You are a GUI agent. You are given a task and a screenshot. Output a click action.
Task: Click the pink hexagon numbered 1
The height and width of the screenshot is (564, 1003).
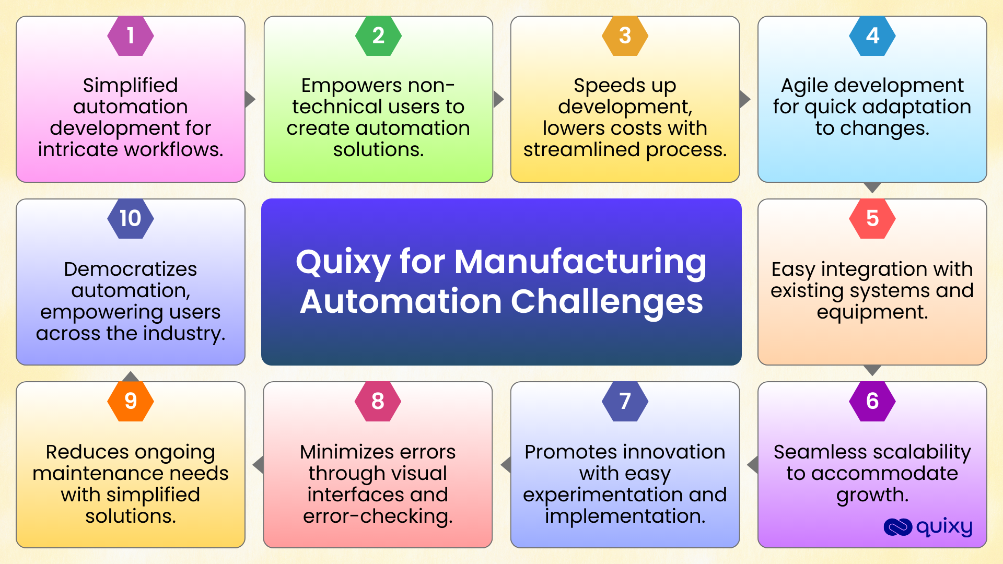[131, 36]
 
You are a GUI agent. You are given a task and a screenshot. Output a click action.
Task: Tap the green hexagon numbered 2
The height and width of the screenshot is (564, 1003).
[378, 36]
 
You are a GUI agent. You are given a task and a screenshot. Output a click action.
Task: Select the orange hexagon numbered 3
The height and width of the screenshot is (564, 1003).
[625, 36]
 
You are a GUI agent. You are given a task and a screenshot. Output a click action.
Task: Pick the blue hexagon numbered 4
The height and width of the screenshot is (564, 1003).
[872, 36]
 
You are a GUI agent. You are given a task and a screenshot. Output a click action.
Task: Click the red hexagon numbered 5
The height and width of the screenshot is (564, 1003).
[872, 218]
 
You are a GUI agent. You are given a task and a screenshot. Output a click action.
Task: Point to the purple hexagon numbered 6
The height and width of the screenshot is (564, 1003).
[872, 401]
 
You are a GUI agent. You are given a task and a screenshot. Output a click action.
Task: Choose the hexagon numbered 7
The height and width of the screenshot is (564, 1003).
[625, 401]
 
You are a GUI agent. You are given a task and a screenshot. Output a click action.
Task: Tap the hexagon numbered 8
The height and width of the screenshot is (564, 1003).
[378, 401]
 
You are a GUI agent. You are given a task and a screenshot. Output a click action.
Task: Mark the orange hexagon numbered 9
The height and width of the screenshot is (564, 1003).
[131, 401]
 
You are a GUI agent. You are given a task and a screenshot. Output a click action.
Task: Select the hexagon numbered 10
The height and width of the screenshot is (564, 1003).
[131, 218]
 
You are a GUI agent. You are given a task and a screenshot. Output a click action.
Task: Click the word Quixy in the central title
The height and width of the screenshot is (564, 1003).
[343, 263]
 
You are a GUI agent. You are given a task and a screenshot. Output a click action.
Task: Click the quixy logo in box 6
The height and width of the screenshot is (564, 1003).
[928, 527]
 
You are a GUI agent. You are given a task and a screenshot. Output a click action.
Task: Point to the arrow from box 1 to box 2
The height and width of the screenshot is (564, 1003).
[250, 99]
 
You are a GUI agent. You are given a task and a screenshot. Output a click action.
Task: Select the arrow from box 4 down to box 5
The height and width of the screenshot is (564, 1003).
[872, 187]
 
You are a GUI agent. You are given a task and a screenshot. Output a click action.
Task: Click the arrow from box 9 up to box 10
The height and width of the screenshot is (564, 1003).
[131, 376]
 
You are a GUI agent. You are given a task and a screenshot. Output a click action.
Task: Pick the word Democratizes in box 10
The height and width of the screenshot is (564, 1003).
[131, 269]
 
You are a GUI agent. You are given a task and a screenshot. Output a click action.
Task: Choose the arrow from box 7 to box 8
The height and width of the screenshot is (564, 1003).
[506, 465]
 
